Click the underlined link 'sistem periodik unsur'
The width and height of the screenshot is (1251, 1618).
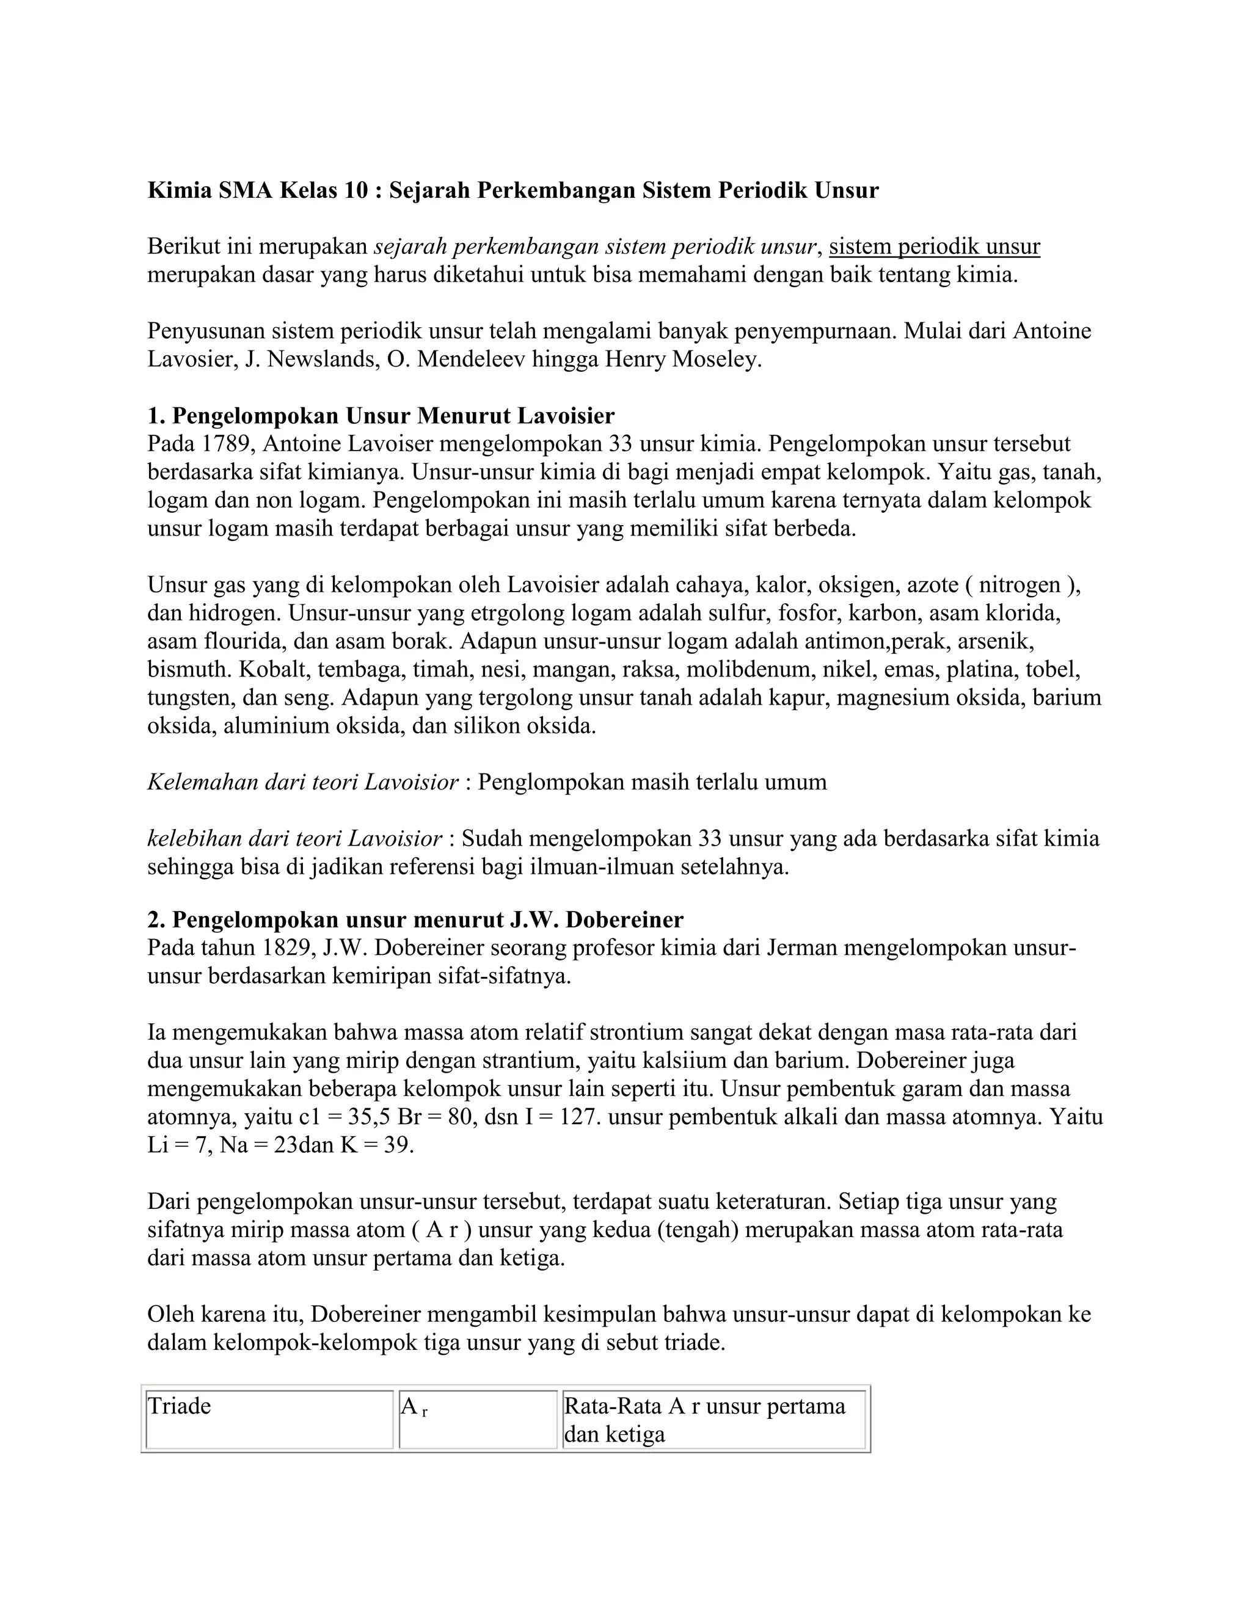click(934, 247)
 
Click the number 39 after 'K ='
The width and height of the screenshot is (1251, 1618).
click(399, 1145)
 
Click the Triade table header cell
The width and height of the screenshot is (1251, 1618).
click(268, 1420)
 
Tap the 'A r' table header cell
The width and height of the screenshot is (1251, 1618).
click(477, 1420)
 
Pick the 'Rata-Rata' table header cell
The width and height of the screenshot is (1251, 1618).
click(713, 1420)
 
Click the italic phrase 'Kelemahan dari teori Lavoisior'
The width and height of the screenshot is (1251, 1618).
click(302, 782)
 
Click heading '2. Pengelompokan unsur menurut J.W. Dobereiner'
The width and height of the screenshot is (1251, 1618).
click(415, 920)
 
